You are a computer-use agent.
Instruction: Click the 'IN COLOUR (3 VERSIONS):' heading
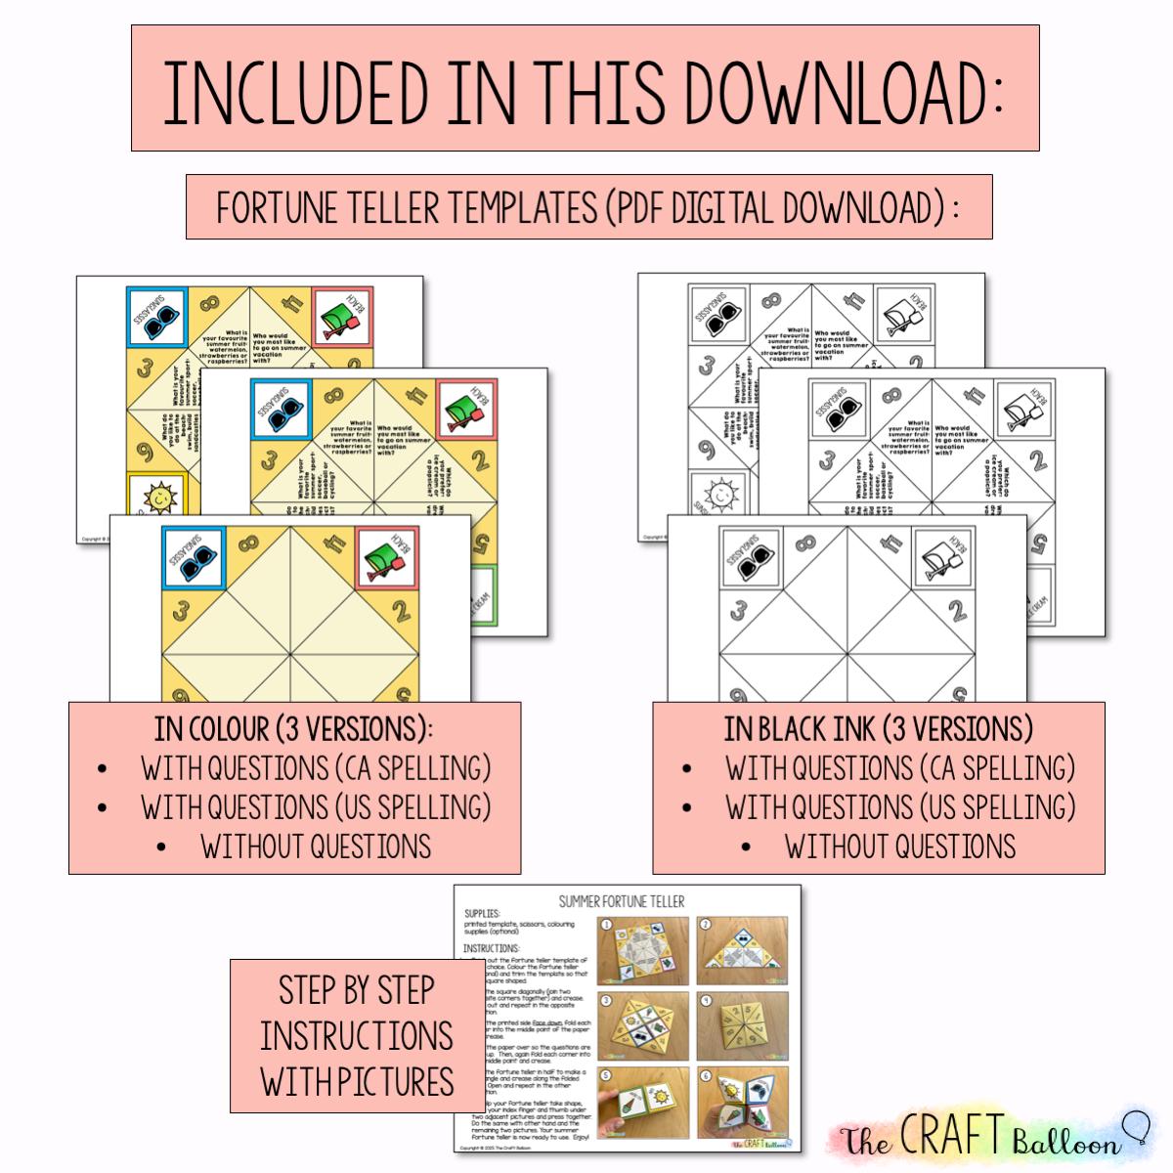[294, 729]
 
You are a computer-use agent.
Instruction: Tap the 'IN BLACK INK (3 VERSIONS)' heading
[878, 729]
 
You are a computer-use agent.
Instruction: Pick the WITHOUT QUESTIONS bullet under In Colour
[315, 847]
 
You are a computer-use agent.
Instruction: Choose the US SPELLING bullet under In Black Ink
[899, 807]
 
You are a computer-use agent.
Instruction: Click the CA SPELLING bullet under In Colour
[315, 768]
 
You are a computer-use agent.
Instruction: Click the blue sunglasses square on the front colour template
[193, 556]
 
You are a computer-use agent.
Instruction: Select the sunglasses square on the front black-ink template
[751, 557]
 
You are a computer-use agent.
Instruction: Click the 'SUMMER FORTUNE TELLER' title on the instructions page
[622, 900]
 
